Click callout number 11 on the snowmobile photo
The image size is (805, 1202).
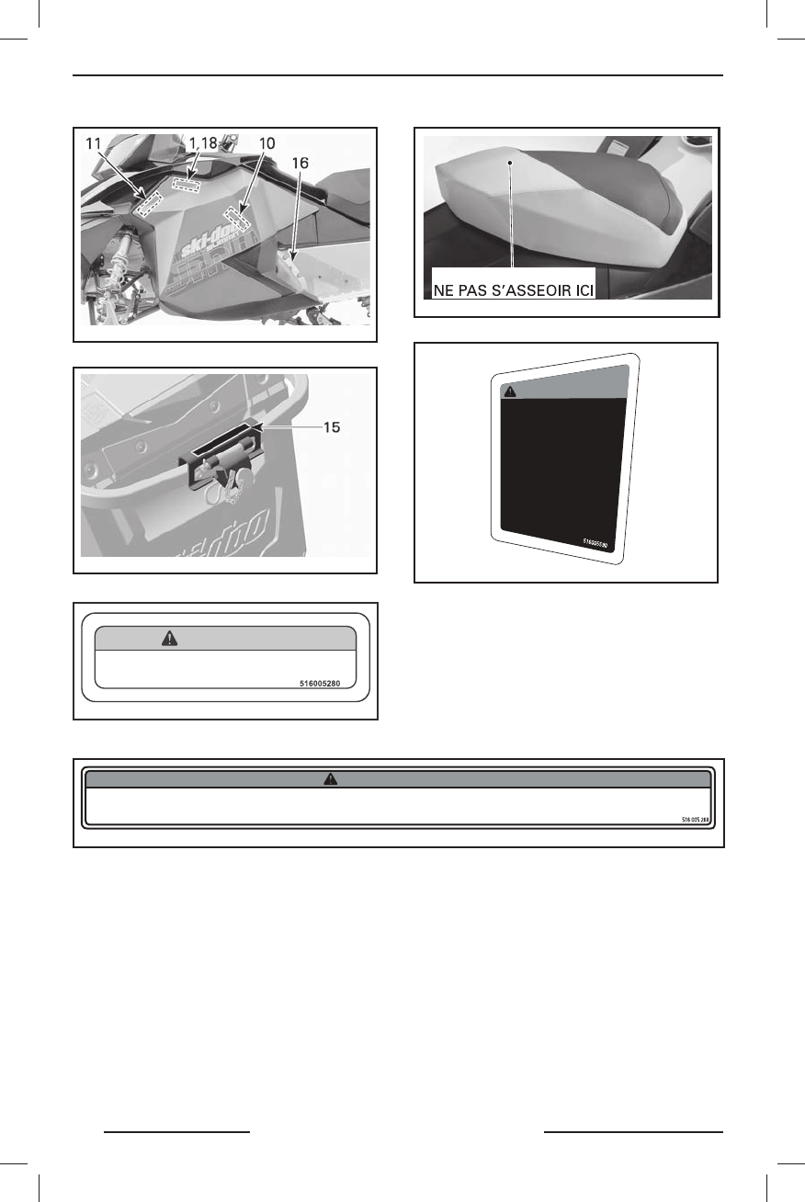click(94, 144)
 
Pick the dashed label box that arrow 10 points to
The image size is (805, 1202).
click(237, 219)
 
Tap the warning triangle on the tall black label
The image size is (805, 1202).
click(509, 390)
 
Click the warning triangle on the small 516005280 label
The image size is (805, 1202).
click(170, 639)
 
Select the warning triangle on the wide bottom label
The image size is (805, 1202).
click(329, 778)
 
